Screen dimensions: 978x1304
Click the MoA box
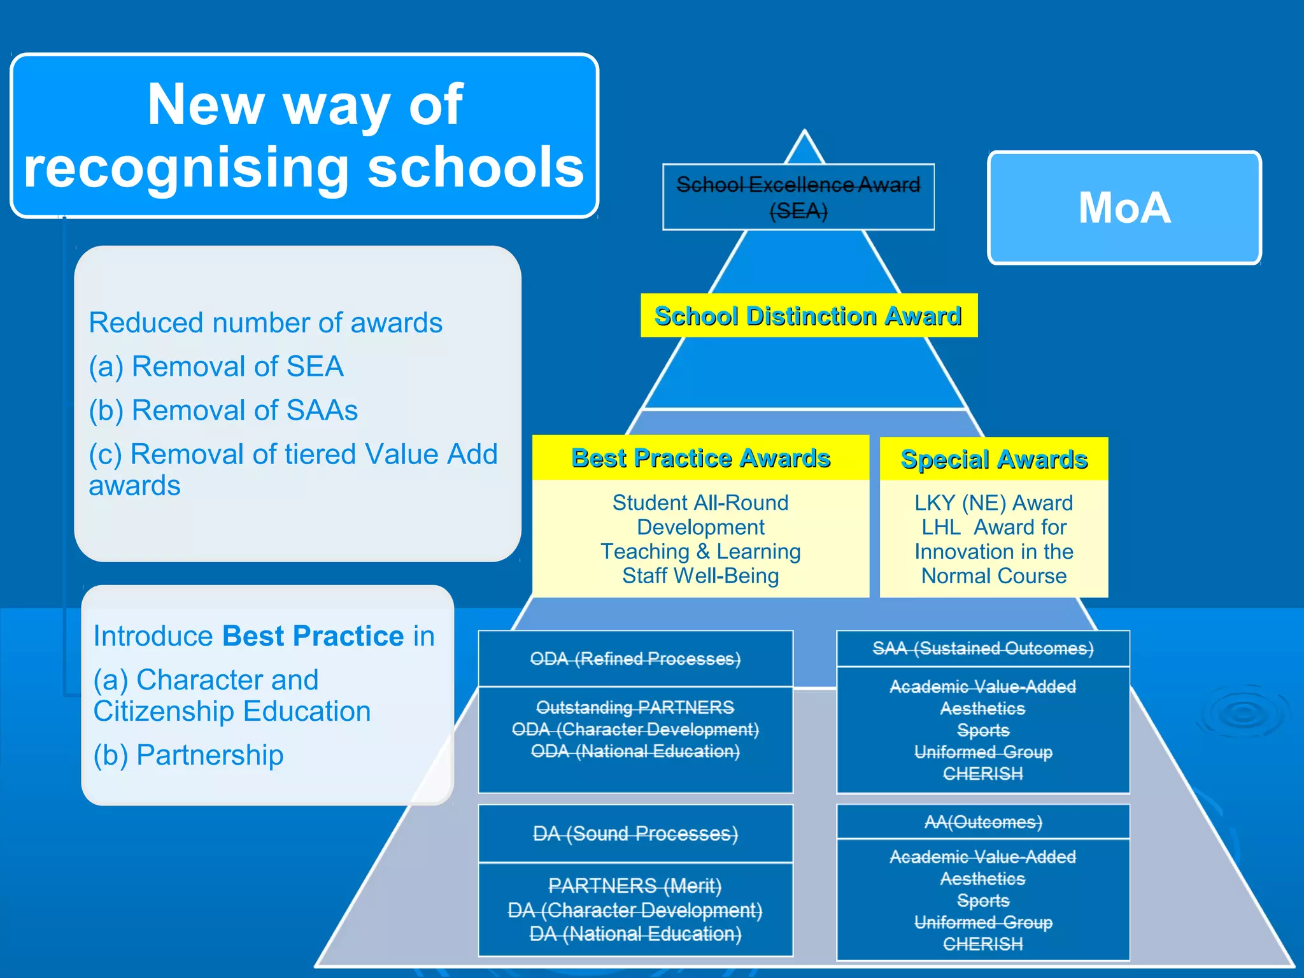point(1124,208)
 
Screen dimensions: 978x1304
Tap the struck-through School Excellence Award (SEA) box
point(798,197)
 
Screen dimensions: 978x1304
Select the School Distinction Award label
point(808,316)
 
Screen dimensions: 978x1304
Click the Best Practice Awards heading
point(700,458)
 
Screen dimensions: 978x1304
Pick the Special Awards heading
point(993,459)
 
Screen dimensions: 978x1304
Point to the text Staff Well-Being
point(700,576)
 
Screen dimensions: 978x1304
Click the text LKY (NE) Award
point(993,502)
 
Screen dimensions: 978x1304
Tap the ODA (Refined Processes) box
point(635,658)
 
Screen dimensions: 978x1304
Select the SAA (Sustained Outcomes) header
point(982,648)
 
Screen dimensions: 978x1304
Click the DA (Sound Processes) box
point(635,833)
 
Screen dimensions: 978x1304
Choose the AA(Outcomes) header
point(982,822)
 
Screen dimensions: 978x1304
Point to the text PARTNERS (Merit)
point(635,886)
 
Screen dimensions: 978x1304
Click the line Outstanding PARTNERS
point(635,707)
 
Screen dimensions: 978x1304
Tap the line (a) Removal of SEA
point(216,367)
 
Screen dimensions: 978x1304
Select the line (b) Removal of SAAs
point(223,411)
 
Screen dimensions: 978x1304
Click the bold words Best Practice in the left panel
point(313,636)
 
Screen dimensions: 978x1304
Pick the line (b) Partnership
point(188,755)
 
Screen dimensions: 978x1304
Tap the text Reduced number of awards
point(266,323)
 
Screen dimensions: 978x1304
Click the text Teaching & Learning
point(700,551)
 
